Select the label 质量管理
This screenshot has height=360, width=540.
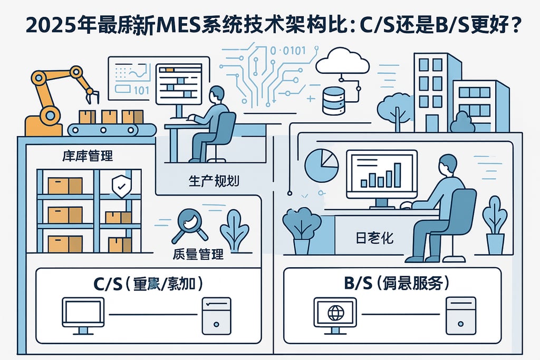pos(198,254)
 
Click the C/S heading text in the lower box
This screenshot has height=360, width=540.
pos(148,284)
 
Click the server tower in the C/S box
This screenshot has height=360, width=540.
pos(216,315)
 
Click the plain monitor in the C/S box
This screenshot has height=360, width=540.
pos(83,315)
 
